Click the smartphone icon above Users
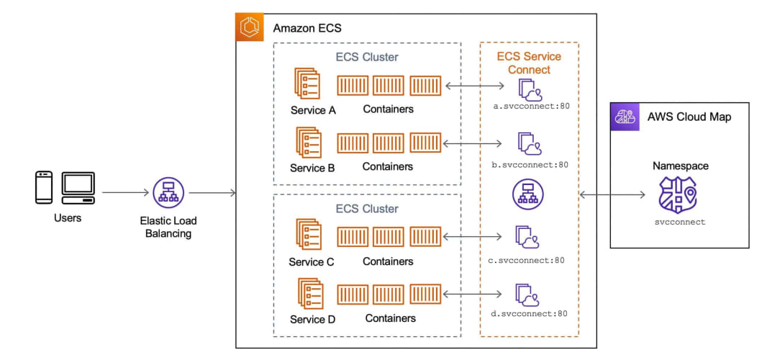[x=44, y=187]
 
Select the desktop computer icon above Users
[x=78, y=188]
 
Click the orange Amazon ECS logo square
[x=249, y=27]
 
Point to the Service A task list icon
[x=306, y=84]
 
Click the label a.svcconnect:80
[x=528, y=106]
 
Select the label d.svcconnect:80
[x=528, y=314]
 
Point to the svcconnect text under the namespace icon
[x=680, y=222]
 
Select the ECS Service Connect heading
[x=530, y=63]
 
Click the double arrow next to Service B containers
[x=472, y=143]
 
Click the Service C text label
[x=312, y=262]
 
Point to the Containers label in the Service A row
[x=388, y=109]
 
